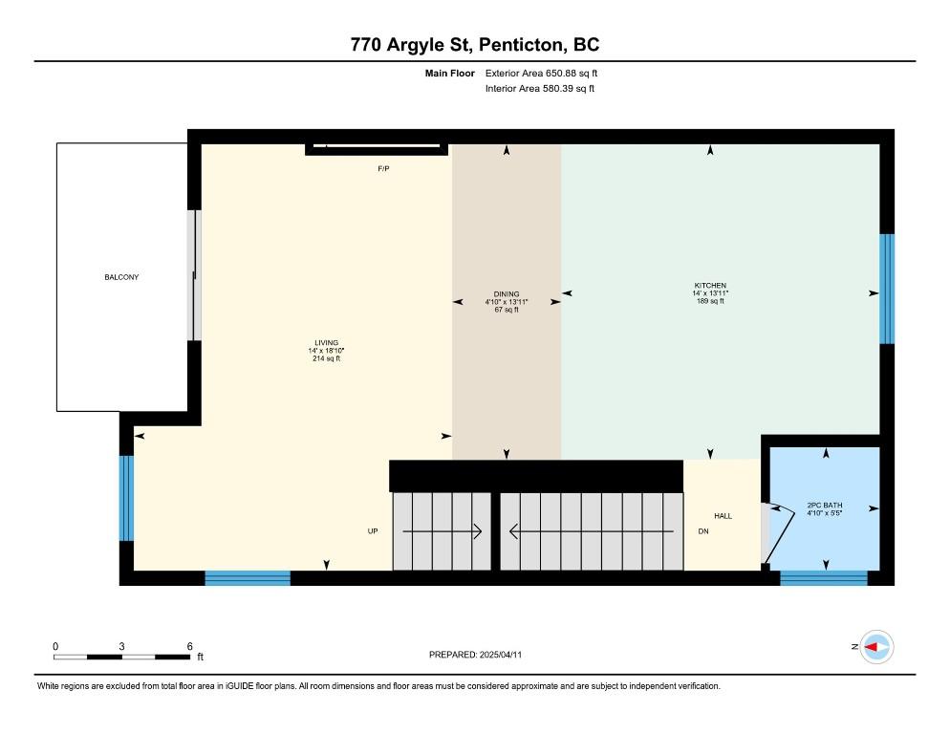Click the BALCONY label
click(121, 277)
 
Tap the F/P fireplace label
click(383, 168)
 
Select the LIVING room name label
click(326, 342)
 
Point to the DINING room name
click(507, 294)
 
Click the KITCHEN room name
click(710, 285)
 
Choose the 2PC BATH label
click(825, 505)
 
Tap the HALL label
click(723, 516)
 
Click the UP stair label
click(373, 531)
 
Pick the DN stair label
click(703, 531)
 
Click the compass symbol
click(876, 647)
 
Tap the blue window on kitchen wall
click(886, 289)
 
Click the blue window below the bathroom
click(824, 577)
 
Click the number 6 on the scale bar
click(189, 646)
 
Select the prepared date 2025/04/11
click(501, 655)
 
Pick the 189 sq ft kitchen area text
click(710, 301)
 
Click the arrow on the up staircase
click(443, 531)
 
